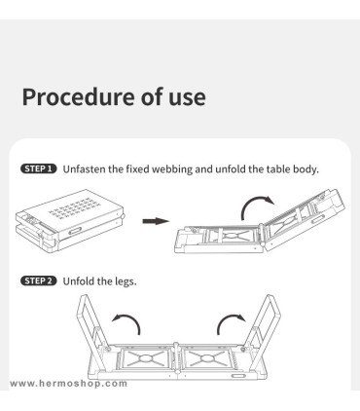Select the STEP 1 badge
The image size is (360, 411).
point(39,168)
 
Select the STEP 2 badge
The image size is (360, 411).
point(39,280)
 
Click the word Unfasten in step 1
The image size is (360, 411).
point(84,169)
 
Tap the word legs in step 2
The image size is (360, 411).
point(126,281)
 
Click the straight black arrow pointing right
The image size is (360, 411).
point(156,221)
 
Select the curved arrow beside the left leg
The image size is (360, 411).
point(129,318)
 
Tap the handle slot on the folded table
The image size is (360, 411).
point(75,231)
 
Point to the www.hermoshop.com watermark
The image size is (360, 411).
point(68,384)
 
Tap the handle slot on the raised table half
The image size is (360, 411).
point(318,220)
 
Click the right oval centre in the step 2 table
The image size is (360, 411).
point(206,358)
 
